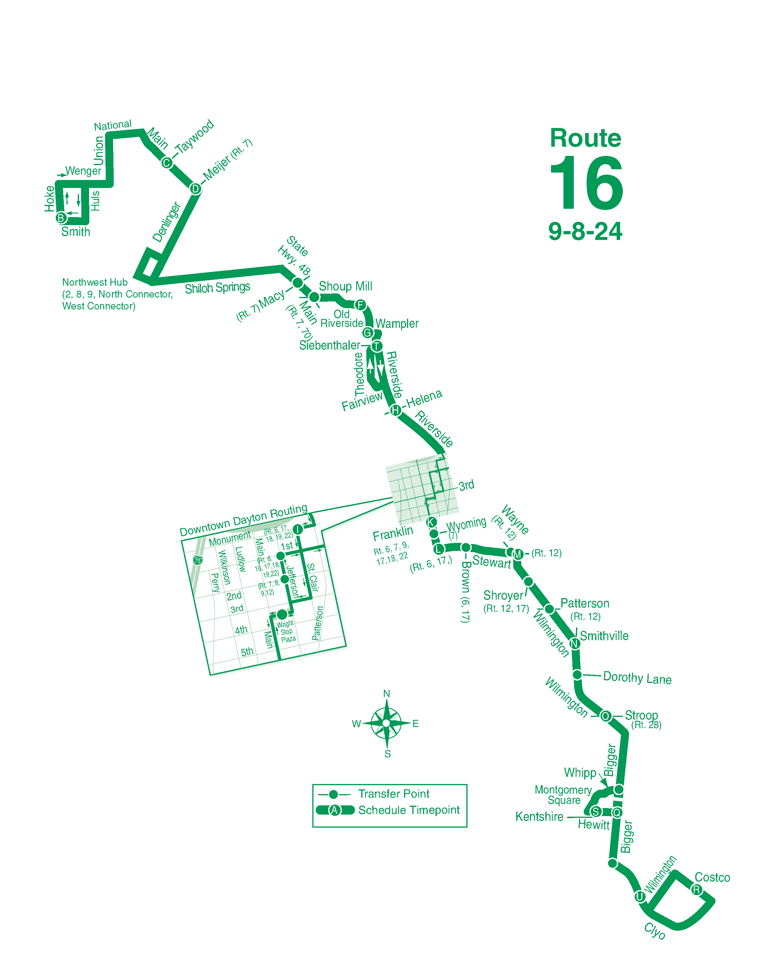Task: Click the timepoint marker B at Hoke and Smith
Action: point(61,218)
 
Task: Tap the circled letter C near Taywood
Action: point(167,163)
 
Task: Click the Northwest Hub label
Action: point(95,282)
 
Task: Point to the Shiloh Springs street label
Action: point(218,288)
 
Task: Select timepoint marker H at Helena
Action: point(395,410)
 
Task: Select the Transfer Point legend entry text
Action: point(393,794)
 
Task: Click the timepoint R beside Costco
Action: point(696,889)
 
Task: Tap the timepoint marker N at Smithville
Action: point(574,644)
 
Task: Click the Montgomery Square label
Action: point(563,795)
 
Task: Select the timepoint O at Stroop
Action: point(605,716)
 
